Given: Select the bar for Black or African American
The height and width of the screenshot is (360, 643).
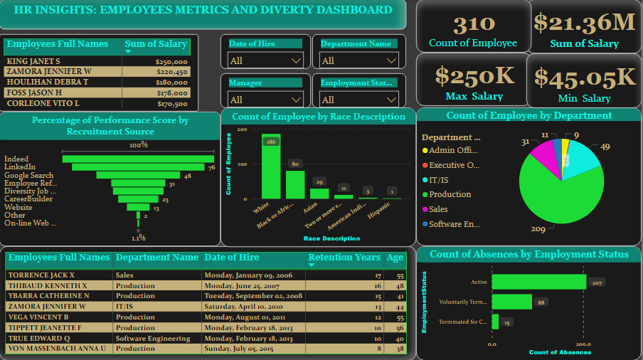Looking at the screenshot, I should (x=295, y=184).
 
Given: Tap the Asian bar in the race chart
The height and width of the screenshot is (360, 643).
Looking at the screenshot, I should (x=319, y=193).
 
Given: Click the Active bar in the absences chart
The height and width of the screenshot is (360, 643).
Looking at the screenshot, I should (x=539, y=282).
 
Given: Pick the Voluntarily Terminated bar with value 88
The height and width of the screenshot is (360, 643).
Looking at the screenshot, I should (x=512, y=302).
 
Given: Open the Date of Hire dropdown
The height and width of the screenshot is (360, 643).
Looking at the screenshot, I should (x=265, y=60).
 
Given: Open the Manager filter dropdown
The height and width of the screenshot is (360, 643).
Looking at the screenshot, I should (x=265, y=100).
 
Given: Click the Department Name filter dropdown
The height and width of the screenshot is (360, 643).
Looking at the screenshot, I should (x=358, y=60).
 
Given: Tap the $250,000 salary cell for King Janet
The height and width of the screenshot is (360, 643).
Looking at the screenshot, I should (x=171, y=62).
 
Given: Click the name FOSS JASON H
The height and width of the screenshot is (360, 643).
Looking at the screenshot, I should (x=35, y=92).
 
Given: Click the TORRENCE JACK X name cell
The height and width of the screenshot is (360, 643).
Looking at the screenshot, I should (x=41, y=275).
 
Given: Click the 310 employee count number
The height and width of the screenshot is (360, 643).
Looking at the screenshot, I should (x=473, y=26).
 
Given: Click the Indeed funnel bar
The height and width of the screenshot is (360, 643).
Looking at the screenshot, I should (x=138, y=159).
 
